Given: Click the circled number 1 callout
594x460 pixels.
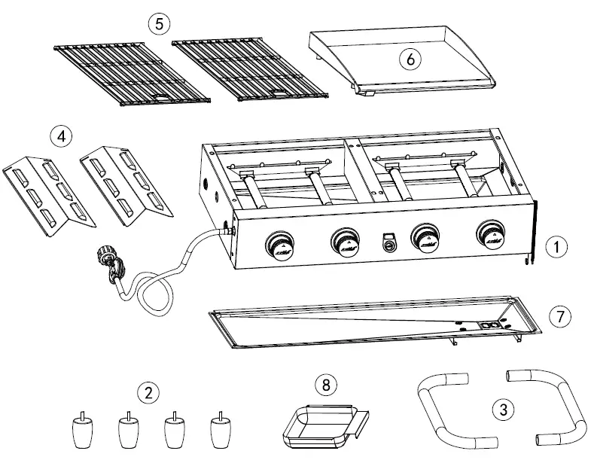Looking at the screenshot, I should click(x=556, y=245).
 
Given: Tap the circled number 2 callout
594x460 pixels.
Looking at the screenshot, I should click(x=148, y=391).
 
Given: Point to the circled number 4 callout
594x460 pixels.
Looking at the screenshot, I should click(x=61, y=137).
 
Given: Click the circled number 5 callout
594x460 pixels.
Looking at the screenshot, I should click(x=158, y=23).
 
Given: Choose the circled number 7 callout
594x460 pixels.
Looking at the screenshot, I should click(x=556, y=317).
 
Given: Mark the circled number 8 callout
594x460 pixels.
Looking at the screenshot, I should click(x=325, y=385).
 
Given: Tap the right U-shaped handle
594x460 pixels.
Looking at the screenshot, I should click(x=553, y=407).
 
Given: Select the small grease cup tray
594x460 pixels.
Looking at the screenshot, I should click(x=320, y=422).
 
